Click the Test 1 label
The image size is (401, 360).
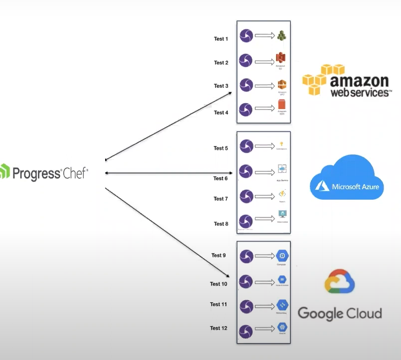221,39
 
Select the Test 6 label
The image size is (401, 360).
221,178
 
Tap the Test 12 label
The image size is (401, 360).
218,328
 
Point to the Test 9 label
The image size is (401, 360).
218,255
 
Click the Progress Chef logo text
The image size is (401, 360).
50,173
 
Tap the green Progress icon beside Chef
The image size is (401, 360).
4,171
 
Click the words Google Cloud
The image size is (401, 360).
340,313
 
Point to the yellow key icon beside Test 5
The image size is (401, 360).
282,144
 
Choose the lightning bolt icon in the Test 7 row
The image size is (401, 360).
282,194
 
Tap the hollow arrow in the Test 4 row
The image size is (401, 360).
264,109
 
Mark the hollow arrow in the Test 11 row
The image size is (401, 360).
264,305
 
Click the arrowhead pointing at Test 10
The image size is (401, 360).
228,276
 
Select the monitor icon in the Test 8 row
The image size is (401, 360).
282,215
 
